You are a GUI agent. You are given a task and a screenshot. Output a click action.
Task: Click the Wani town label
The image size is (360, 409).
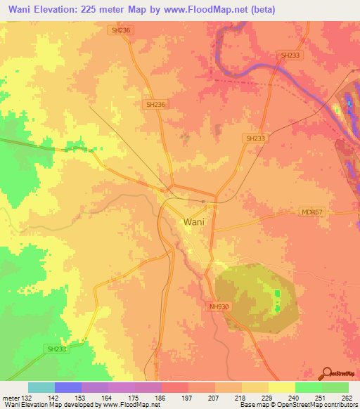(x=195, y=221)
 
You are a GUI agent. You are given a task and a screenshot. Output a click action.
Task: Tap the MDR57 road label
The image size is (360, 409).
(x=307, y=212)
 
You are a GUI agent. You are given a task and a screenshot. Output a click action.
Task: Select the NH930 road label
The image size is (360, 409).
(x=219, y=307)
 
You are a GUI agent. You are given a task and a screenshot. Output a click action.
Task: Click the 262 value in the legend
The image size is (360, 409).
(x=347, y=397)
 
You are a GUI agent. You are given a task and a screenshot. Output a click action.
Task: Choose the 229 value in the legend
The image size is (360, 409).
(x=266, y=397)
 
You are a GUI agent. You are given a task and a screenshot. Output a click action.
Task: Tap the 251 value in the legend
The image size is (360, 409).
(x=320, y=397)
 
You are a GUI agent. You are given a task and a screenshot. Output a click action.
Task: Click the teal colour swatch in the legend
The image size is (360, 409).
(x=41, y=387)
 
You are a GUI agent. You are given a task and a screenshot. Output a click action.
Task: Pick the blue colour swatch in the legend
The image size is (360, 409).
(x=68, y=387)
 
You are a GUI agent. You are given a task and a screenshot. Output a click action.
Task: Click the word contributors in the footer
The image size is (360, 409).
(x=336, y=405)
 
